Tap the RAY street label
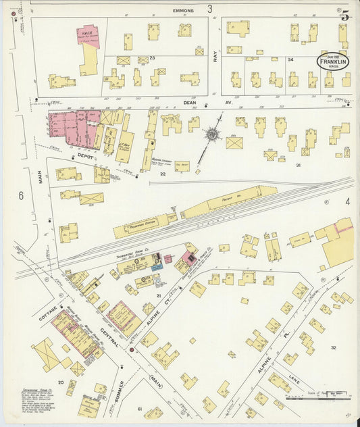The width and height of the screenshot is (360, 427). tap(216, 57)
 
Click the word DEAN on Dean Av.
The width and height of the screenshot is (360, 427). tap(189, 103)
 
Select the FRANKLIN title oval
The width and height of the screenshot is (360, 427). tap(334, 62)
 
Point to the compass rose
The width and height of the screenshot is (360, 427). tap(213, 134)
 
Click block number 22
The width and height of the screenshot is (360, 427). tap(162, 174)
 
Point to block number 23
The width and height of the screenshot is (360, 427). tap(153, 58)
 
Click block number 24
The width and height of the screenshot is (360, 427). tap(291, 59)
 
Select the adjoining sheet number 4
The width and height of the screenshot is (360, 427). tap(347, 201)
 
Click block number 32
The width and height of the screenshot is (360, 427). tap(333, 347)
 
